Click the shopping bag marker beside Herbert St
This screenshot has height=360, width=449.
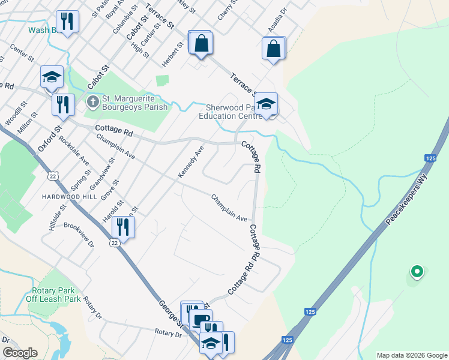tap(200, 43)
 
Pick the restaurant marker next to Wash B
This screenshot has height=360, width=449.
tap(67, 22)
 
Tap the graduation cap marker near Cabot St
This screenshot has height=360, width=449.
tap(52, 77)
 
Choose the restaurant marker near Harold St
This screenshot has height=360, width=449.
tap(123, 227)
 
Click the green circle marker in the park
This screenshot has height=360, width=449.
tap(415, 272)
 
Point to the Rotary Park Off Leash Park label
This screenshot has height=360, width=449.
tap(53, 294)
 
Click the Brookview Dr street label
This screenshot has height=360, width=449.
tap(79, 236)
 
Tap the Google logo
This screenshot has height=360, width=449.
tap(20, 353)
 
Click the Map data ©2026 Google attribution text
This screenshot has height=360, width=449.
tap(411, 355)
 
